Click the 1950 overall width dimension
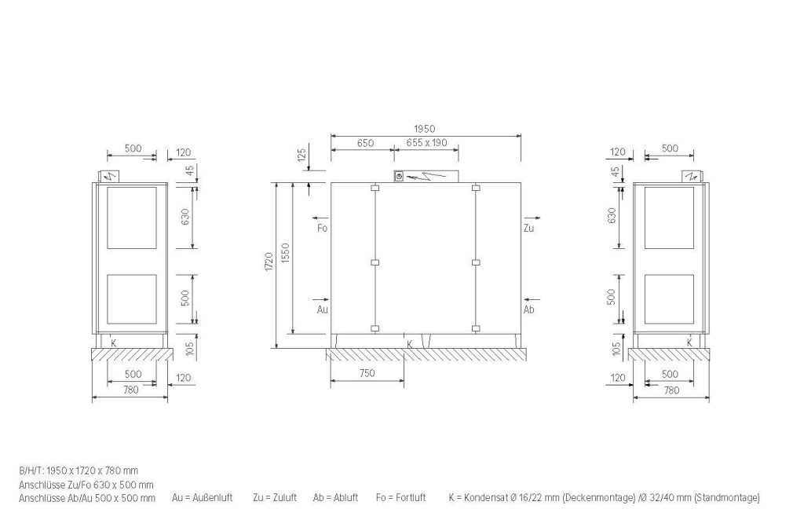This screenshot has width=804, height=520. click(424, 130)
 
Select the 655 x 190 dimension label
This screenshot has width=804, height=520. click(426, 142)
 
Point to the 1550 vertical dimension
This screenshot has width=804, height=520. click(286, 254)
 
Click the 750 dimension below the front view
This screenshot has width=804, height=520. click(367, 373)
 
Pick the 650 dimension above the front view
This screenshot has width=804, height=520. click(365, 143)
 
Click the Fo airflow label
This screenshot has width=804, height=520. click(322, 228)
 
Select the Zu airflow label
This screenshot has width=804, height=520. click(528, 228)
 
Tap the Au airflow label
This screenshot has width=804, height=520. click(322, 309)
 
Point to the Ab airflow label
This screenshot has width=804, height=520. click(528, 309)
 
